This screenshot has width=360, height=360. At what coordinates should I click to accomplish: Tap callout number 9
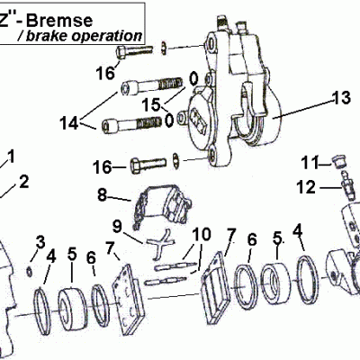117,224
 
